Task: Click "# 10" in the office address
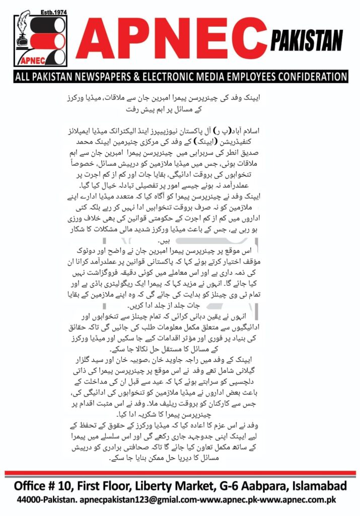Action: tap(70, 487)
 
